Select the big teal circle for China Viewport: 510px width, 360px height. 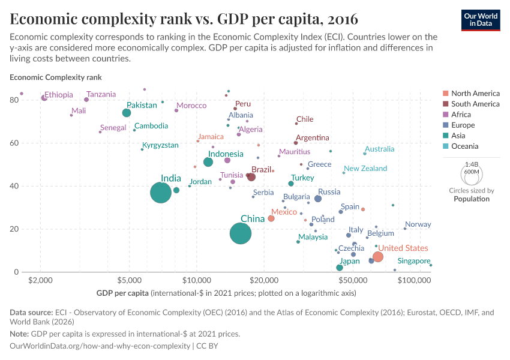[x=241, y=233]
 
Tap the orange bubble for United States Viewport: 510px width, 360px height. [x=378, y=257]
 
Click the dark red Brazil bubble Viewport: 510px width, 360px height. [x=251, y=177]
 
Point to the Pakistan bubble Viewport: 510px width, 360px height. [x=127, y=113]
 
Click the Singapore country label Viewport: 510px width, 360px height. [x=413, y=261]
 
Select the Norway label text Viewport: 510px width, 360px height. [x=418, y=224]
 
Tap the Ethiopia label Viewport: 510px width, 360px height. [x=59, y=95]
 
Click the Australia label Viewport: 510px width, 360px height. [x=380, y=149]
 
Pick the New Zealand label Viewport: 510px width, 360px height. [x=365, y=169]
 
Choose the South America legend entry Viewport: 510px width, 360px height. [x=475, y=104]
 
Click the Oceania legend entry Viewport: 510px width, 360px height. [x=466, y=146]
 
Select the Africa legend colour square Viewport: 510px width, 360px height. [x=445, y=115]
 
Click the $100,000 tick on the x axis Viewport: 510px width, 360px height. [x=415, y=281]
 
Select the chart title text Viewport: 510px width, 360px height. [x=184, y=19]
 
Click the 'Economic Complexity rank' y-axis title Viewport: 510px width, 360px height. [x=56, y=77]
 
